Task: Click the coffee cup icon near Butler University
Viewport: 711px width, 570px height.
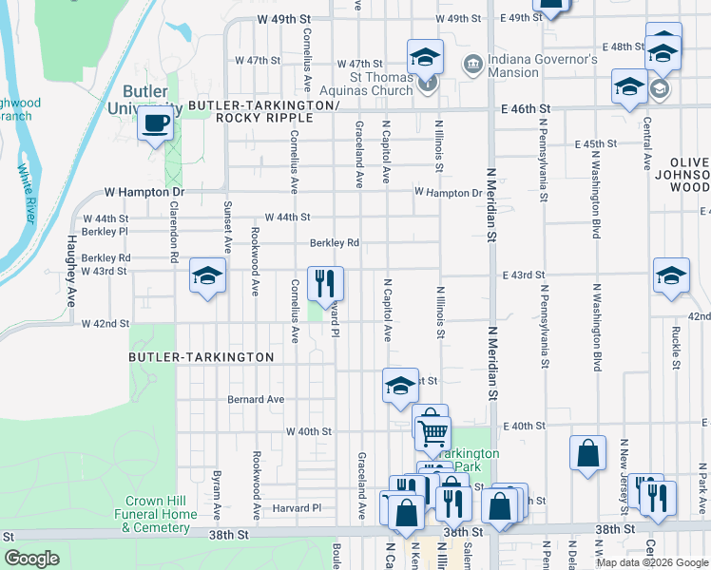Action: pyautogui.click(x=155, y=123)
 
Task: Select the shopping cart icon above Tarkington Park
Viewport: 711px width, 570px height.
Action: pyautogui.click(x=433, y=432)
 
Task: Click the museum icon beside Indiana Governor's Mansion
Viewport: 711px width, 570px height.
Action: pyautogui.click(x=471, y=65)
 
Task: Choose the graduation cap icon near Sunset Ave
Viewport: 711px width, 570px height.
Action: pyautogui.click(x=206, y=276)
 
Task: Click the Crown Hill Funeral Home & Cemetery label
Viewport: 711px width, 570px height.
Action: pyautogui.click(x=162, y=514)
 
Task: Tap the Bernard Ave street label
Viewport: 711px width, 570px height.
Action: pyautogui.click(x=256, y=400)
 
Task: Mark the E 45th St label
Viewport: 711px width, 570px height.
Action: pyautogui.click(x=597, y=143)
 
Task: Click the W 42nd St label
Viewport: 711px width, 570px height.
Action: pyautogui.click(x=105, y=324)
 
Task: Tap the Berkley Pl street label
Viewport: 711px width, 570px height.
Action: pyautogui.click(x=105, y=231)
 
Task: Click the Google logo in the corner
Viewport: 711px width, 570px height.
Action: pyautogui.click(x=31, y=559)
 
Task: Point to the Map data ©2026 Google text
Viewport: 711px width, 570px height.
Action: pyautogui.click(x=651, y=562)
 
